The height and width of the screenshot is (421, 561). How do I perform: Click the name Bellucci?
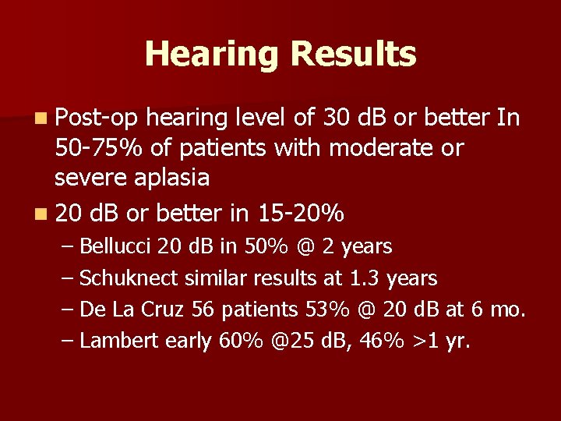[116, 247]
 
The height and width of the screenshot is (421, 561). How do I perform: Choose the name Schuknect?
[122, 278]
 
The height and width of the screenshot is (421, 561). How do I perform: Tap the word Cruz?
[168, 310]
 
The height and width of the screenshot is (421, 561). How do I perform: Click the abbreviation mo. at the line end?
[508, 310]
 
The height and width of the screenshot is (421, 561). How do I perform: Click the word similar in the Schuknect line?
[201, 278]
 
